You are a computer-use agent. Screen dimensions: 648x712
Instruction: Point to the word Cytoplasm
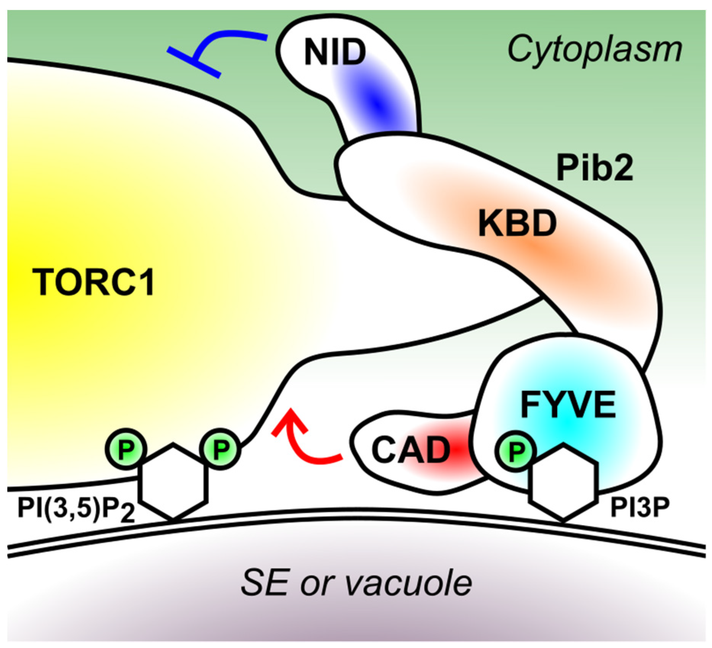click(594, 50)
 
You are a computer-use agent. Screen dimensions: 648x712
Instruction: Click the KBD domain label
click(517, 224)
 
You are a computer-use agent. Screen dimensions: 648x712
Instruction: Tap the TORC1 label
click(94, 282)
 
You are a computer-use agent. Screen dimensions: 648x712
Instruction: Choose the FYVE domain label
click(568, 405)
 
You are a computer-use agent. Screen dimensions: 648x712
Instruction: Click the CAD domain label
click(411, 450)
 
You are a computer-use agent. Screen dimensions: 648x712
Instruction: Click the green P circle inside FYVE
click(515, 451)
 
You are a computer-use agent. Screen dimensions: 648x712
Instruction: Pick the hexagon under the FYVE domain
click(563, 483)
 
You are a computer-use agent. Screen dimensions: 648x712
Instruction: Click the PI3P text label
click(639, 508)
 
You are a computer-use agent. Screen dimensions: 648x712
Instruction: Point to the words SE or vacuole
click(356, 583)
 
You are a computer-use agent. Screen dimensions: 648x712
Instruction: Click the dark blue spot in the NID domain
click(376, 103)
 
